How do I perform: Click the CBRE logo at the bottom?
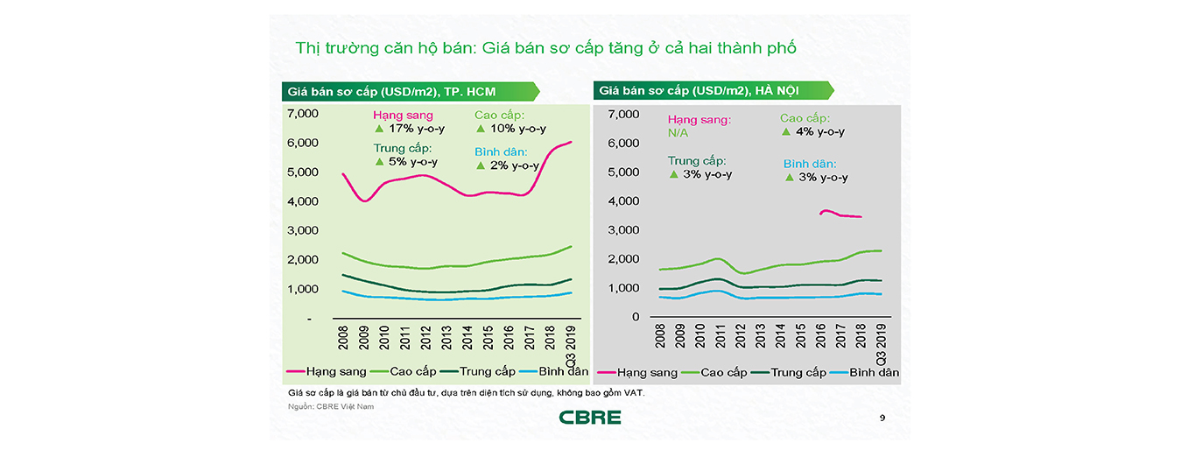pos(590,417)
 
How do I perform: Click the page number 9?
pos(882,418)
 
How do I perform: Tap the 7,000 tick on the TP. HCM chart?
pos(302,114)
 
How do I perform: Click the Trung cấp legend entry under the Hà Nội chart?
pos(790,372)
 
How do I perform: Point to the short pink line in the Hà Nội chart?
pos(840,214)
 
